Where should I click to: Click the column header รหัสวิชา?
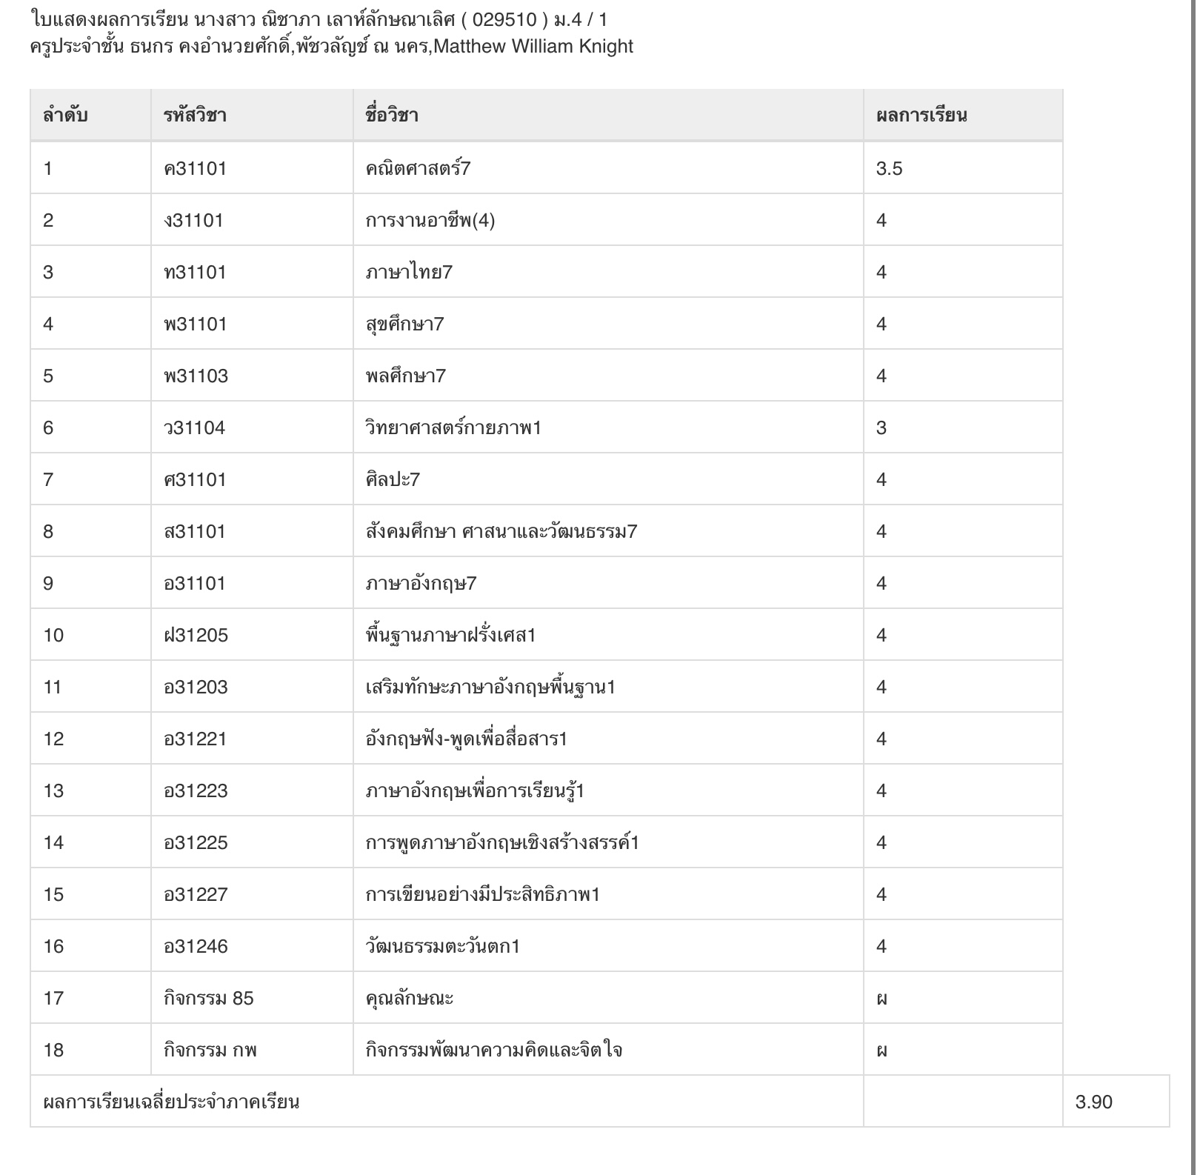[x=195, y=116]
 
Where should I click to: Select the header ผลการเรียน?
[x=921, y=116]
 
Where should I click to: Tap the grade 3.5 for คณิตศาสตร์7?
[x=889, y=169]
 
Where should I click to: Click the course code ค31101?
[x=195, y=169]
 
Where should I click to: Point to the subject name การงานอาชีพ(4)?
[x=430, y=221]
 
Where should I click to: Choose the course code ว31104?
[x=194, y=428]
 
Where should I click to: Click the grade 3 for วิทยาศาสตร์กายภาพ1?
[x=881, y=428]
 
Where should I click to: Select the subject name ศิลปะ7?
[x=393, y=480]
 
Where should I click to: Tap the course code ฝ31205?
[x=196, y=636]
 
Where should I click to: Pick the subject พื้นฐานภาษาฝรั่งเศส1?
[x=450, y=636]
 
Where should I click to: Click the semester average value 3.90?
[x=1093, y=1102]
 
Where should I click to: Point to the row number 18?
[x=53, y=1051]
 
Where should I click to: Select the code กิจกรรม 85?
[x=208, y=999]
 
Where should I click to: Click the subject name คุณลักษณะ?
[x=409, y=999]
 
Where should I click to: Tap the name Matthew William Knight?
[x=533, y=47]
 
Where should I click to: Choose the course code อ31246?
[x=196, y=947]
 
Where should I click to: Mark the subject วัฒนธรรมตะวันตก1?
[x=442, y=947]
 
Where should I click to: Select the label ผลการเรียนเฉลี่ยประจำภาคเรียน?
[x=171, y=1102]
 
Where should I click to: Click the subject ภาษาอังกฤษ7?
[x=421, y=584]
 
